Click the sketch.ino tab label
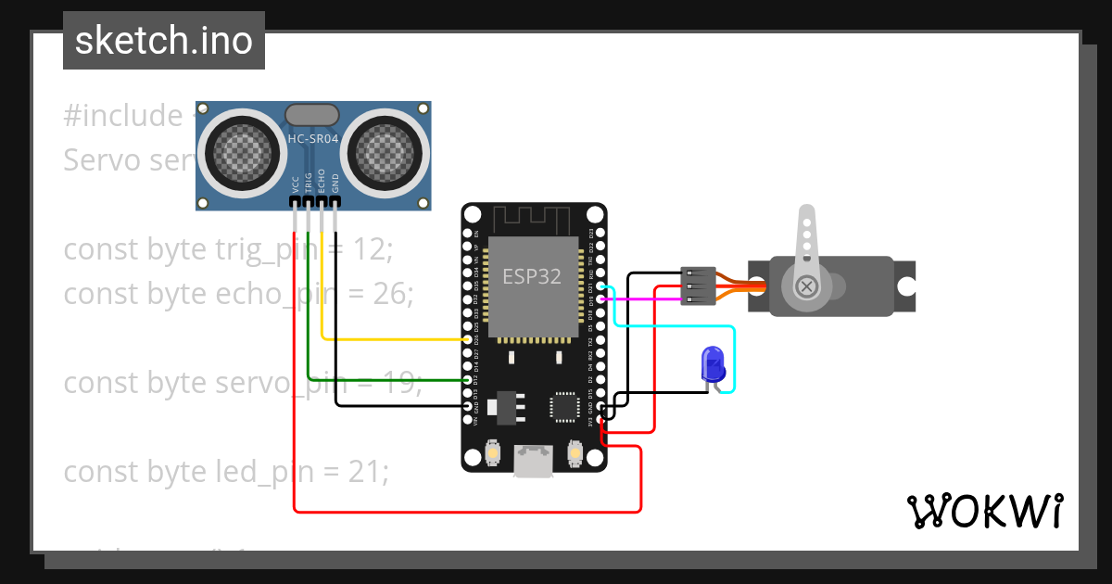164,41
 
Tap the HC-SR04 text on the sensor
313,139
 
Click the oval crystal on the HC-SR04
313,114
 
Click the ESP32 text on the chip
531,276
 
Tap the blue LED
713,364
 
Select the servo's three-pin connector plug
698,286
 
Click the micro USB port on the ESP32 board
534,461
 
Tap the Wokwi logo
984,511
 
